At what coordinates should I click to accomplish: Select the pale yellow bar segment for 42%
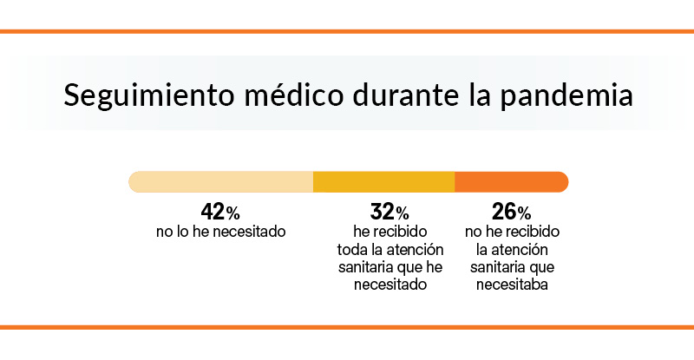click(x=220, y=181)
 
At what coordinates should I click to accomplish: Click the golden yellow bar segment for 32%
click(x=383, y=181)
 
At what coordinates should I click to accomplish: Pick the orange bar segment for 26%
click(x=511, y=181)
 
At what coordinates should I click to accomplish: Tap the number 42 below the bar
click(x=213, y=212)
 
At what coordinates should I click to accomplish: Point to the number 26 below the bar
click(x=504, y=212)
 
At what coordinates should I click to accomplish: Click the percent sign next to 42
click(x=233, y=213)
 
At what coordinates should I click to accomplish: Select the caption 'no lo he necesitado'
click(x=220, y=232)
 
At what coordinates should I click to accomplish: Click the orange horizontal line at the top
click(x=347, y=32)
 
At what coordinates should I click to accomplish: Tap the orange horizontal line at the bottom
click(x=347, y=327)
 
